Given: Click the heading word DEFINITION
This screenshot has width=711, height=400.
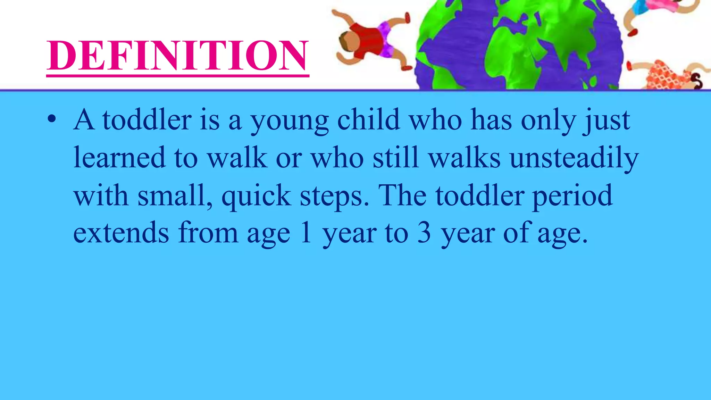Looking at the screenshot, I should coord(177,56).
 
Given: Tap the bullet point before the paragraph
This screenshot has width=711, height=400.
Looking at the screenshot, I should coord(52,119).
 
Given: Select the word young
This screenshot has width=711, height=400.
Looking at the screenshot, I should coord(290,121).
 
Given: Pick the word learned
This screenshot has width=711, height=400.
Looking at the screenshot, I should coord(119,158).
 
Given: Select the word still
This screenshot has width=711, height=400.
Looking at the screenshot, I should coord(396,158).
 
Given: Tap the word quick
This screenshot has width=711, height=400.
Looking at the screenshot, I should coord(256,196).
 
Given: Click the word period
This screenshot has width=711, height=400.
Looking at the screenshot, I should coord(572,196).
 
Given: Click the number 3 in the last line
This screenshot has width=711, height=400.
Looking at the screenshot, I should coord(424,233).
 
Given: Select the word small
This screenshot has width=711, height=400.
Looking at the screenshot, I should coord(175,196).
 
